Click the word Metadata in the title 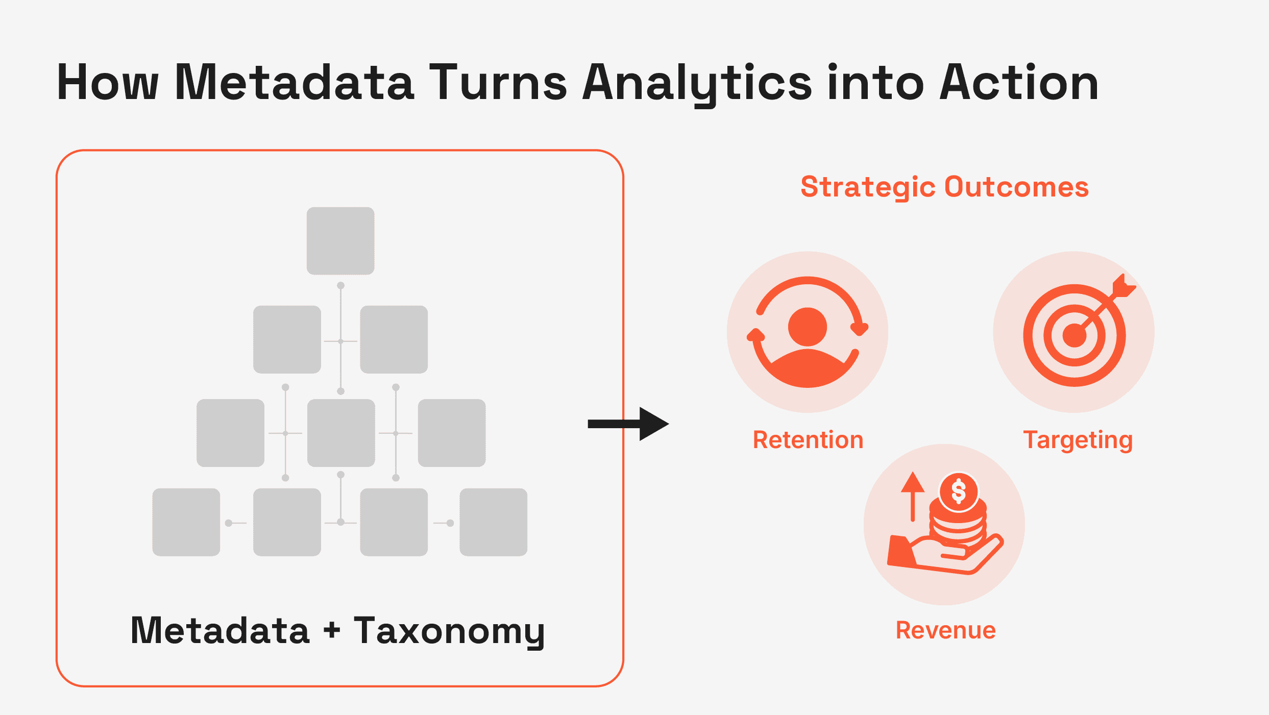[294, 83]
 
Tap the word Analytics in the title [697, 83]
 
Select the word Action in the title [1018, 83]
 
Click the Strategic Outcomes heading [944, 187]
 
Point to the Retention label [808, 440]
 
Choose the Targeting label [1078, 440]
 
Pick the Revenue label [945, 630]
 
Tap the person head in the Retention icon [807, 327]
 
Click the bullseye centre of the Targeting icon [1074, 335]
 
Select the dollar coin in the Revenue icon [959, 491]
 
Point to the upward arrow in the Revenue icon [913, 495]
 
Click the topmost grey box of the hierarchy [340, 241]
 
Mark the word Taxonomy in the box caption [449, 631]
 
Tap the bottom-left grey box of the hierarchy [186, 522]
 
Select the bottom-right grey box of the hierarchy [493, 522]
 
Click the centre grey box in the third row [341, 433]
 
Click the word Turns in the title [498, 83]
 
